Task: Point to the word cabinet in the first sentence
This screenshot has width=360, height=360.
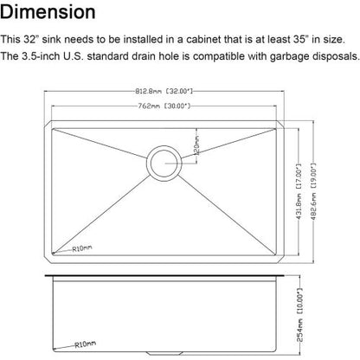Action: pyautogui.click(x=215, y=40)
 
